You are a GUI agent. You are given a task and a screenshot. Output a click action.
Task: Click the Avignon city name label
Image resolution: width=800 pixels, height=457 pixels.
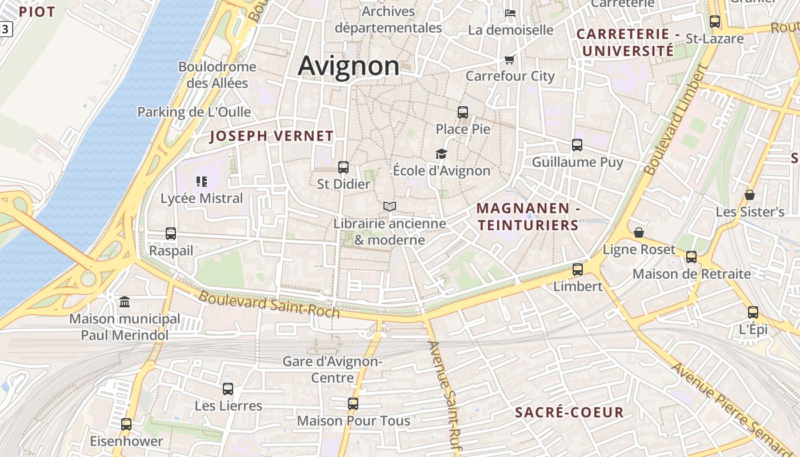tap(349, 66)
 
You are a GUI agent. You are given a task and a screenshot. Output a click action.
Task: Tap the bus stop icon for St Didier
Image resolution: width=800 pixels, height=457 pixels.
tap(343, 167)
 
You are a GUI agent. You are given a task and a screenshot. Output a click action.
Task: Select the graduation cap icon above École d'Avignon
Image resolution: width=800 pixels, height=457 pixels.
tap(441, 154)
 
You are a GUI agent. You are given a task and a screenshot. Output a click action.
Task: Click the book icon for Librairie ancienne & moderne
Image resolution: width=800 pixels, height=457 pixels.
tap(390, 206)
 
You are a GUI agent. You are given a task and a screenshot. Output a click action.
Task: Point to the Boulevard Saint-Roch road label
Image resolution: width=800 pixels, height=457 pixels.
tap(269, 304)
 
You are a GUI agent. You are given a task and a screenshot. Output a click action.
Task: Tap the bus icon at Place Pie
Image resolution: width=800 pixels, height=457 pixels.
tap(463, 113)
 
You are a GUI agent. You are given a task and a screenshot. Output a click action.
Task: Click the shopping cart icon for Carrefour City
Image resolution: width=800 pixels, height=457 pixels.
tap(510, 59)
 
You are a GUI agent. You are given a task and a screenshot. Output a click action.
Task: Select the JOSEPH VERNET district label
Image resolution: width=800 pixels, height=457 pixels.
tap(271, 136)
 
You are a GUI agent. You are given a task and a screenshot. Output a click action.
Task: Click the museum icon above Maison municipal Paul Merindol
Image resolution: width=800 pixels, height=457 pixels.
tap(125, 301)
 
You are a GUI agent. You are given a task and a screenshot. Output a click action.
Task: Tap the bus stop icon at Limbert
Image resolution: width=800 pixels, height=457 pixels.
tap(578, 270)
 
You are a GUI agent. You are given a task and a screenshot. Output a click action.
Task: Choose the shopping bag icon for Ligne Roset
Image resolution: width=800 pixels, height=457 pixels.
tap(639, 232)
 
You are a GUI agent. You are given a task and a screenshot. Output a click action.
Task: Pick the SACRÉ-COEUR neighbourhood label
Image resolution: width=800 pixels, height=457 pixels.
tap(569, 412)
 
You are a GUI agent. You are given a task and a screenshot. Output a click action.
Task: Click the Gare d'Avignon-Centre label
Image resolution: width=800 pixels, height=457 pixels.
tap(333, 370)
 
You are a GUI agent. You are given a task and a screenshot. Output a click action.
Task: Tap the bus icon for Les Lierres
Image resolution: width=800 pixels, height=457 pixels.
tap(228, 389)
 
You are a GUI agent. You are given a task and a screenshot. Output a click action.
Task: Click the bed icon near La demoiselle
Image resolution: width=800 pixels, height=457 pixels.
tap(510, 13)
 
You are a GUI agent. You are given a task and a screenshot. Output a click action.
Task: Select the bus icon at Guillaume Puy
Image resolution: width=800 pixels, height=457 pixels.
tap(577, 145)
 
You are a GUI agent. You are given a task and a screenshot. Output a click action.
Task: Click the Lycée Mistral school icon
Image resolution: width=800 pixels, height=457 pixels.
tap(201, 182)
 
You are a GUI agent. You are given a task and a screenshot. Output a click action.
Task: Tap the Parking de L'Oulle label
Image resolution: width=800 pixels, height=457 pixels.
tap(194, 112)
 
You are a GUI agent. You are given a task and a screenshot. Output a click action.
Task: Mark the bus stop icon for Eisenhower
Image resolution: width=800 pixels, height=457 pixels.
tap(126, 424)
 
